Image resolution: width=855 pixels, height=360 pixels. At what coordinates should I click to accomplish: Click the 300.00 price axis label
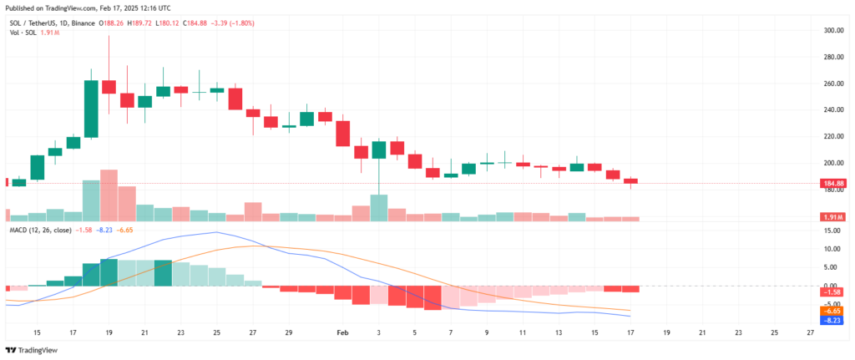[x=832, y=30]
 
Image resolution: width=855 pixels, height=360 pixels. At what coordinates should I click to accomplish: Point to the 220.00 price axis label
[x=832, y=136]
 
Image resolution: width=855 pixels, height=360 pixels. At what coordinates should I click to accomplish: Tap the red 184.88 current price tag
[x=836, y=183]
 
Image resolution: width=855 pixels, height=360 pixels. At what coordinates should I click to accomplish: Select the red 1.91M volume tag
[x=836, y=217]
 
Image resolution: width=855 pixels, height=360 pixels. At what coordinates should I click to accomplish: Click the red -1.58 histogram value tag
[x=837, y=292]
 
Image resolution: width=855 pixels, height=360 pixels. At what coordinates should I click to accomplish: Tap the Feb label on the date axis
[x=342, y=332]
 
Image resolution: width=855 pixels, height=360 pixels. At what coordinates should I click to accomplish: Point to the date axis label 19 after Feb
[x=666, y=332]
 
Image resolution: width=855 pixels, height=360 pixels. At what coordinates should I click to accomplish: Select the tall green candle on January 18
[x=91, y=109]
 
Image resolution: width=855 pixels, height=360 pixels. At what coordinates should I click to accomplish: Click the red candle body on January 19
[x=109, y=87]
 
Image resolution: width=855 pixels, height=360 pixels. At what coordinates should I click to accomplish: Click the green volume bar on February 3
[x=378, y=207]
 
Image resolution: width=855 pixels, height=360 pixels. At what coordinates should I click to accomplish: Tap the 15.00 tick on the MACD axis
[x=831, y=230]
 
